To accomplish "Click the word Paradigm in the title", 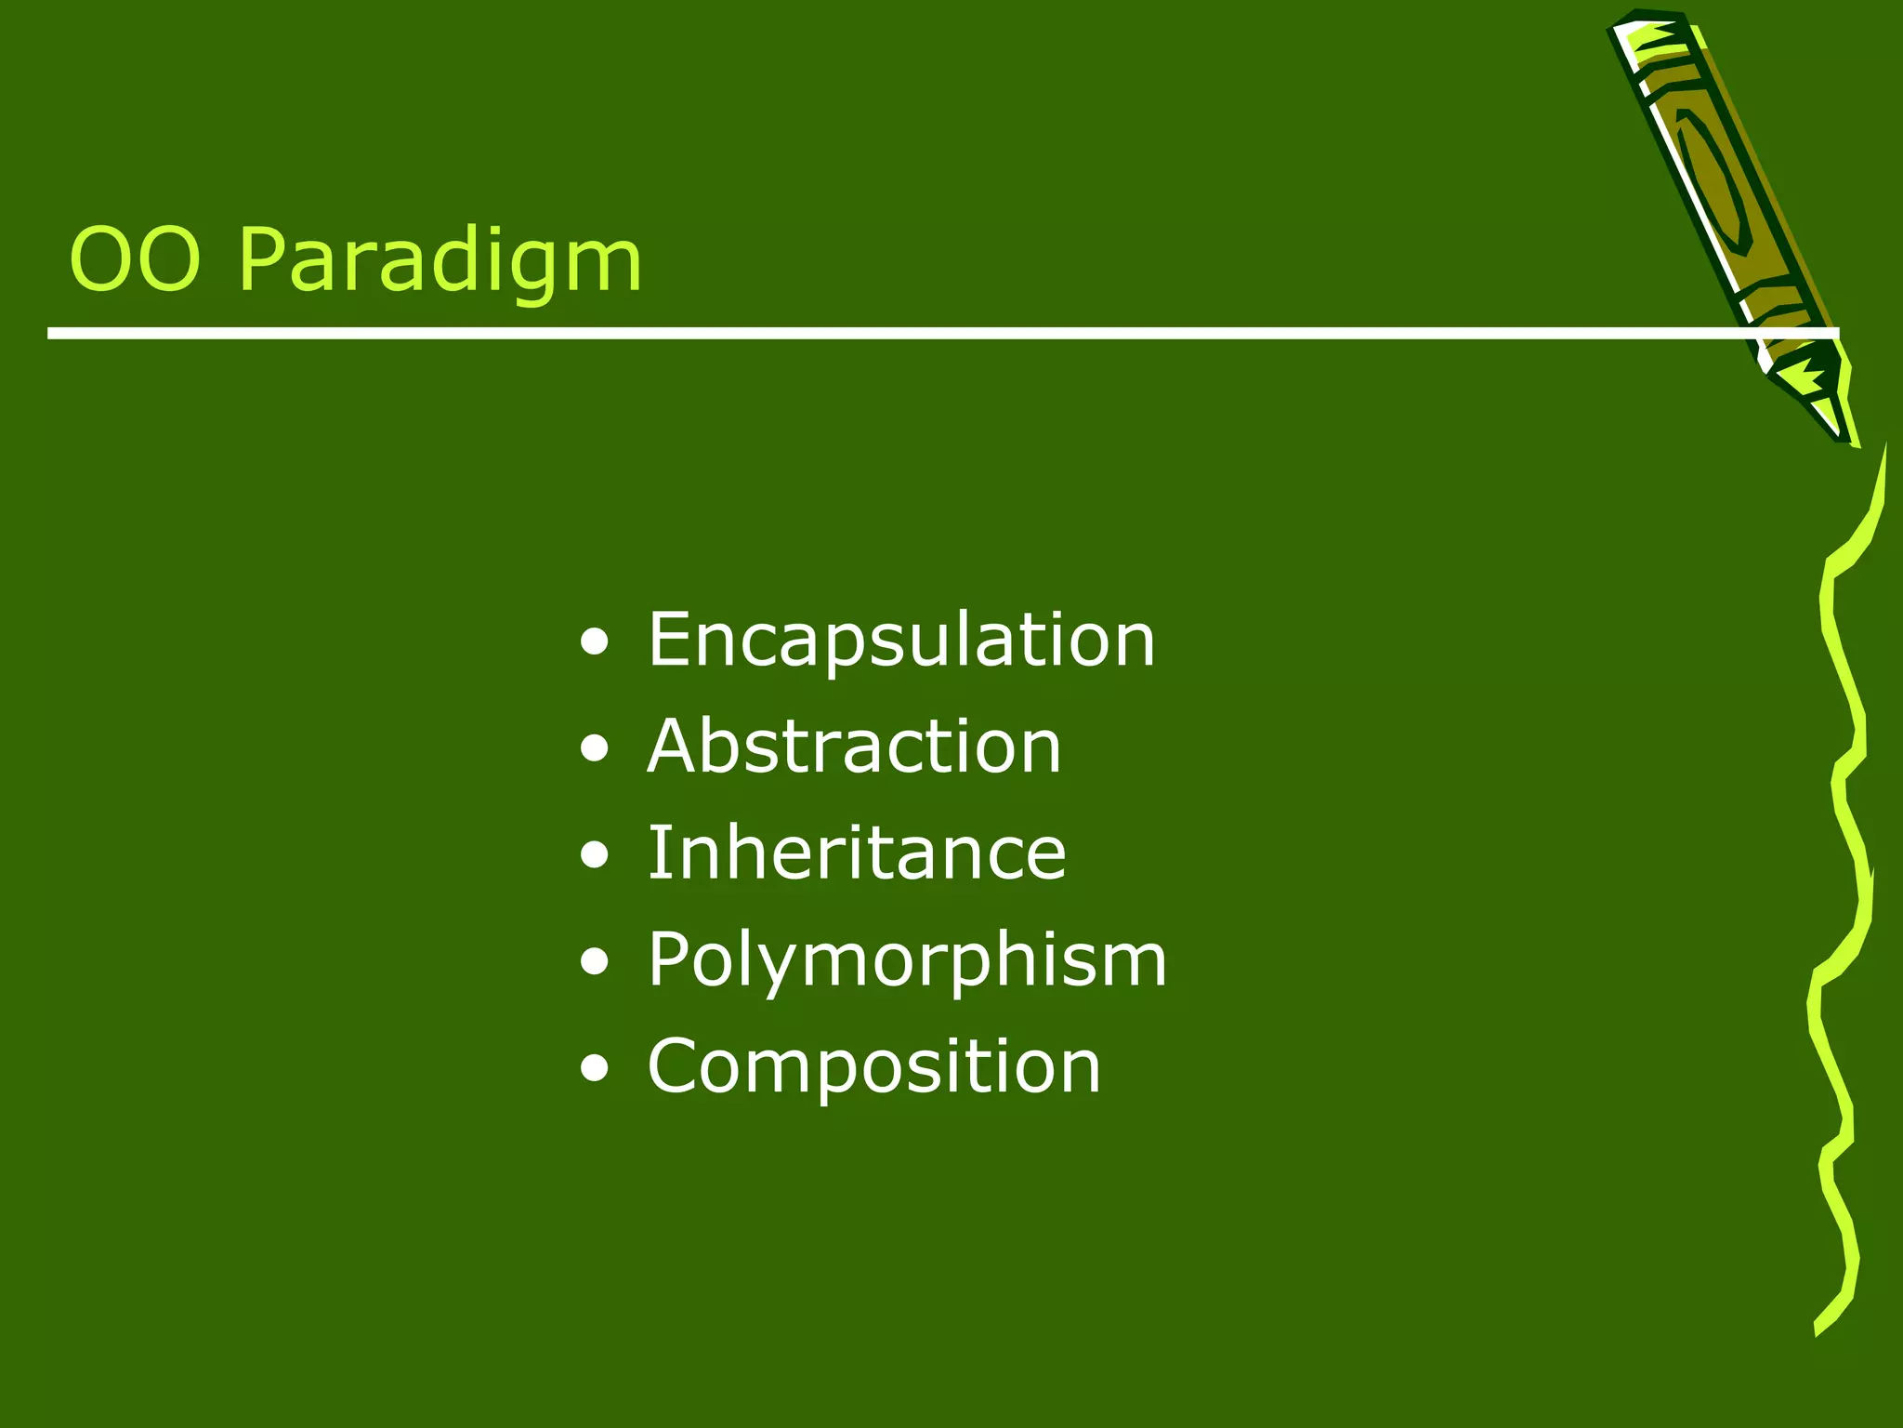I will (x=440, y=261).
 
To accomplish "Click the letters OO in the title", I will (x=135, y=261).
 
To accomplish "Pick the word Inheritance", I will (x=856, y=853).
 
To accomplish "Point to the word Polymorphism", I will (x=906, y=959).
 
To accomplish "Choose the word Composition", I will (x=873, y=1066).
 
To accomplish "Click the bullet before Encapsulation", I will (x=594, y=642).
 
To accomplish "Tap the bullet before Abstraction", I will (x=594, y=749).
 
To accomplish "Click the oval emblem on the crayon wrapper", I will (x=1714, y=181).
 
